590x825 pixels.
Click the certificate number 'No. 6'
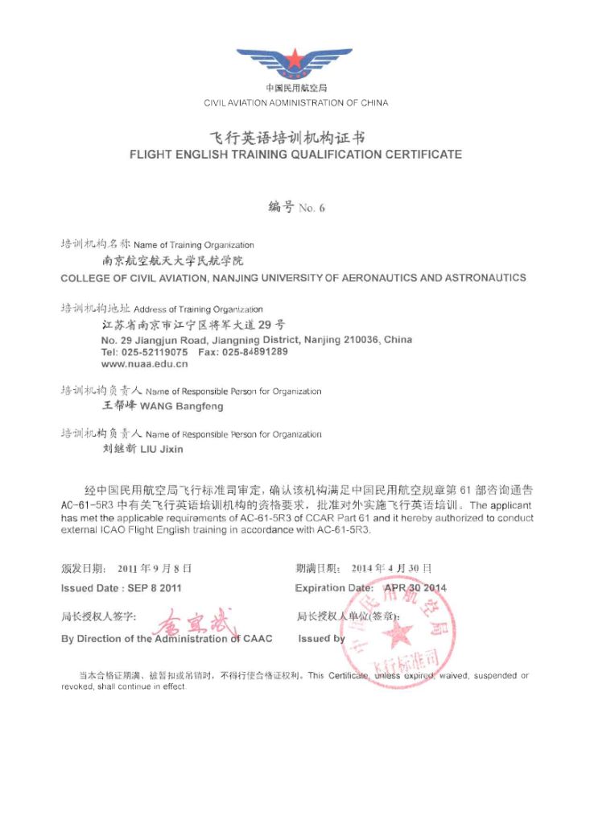[312, 208]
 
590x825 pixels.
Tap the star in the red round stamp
[397, 634]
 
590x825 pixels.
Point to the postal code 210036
[362, 340]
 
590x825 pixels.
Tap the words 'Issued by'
[321, 639]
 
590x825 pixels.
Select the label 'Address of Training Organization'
[198, 309]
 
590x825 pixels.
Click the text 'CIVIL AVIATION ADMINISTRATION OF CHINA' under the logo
[295, 103]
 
